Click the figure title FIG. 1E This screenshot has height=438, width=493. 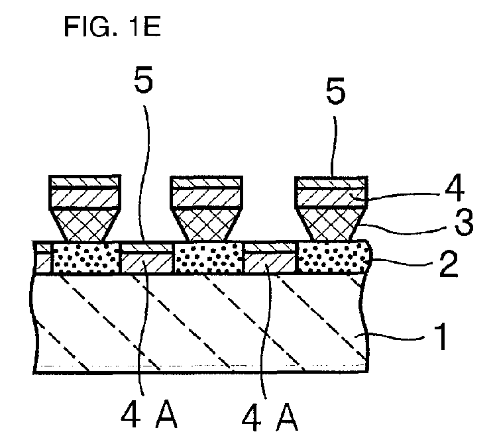tap(113, 27)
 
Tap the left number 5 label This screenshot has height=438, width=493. tap(143, 80)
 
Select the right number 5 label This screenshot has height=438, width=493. tap(335, 91)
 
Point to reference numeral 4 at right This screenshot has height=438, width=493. tap(455, 188)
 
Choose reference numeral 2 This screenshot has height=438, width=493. tap(449, 264)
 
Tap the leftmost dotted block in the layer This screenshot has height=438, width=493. tap(85, 258)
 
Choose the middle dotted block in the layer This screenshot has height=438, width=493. tap(208, 258)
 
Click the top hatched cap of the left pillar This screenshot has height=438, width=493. tap(85, 182)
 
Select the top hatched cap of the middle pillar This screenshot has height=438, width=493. tap(206, 182)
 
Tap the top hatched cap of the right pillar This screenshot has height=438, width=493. tap(331, 182)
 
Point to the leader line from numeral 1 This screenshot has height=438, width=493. tap(393, 338)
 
